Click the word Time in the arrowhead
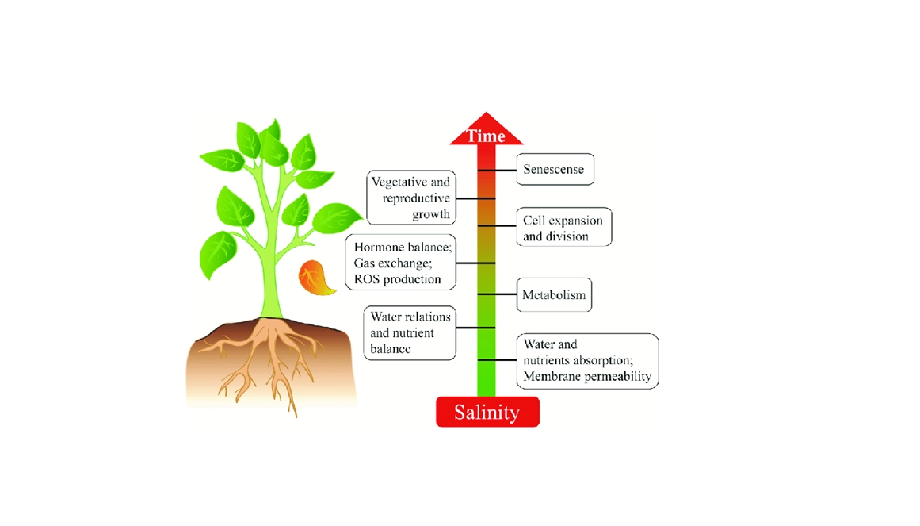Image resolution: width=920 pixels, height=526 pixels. click(x=486, y=136)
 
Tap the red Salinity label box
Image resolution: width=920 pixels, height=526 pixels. click(x=487, y=412)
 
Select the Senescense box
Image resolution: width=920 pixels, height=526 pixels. click(x=555, y=169)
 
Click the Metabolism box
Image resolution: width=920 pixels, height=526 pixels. click(x=554, y=295)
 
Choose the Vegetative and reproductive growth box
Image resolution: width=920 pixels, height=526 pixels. click(x=412, y=198)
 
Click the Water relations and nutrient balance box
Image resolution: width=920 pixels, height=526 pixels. click(x=410, y=332)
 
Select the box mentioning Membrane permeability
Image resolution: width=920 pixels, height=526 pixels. click(x=587, y=361)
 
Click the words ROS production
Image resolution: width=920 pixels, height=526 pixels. click(x=398, y=279)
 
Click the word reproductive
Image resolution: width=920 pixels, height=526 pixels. click(x=416, y=198)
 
